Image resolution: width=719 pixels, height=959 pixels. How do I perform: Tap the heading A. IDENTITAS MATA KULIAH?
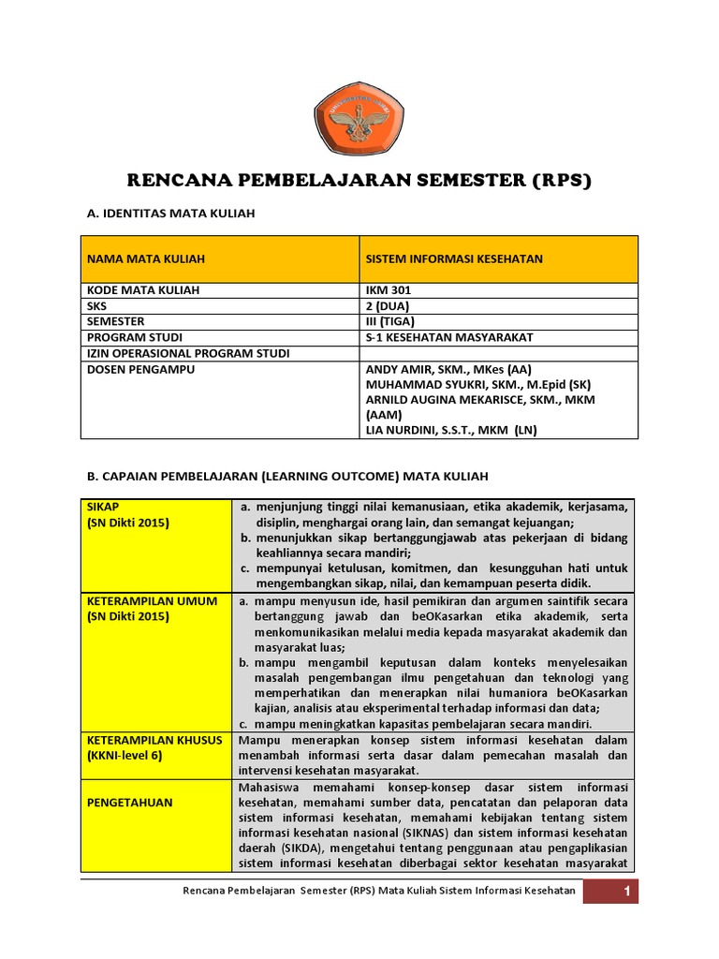click(170, 214)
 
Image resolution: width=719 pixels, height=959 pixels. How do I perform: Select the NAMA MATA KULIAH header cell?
click(145, 258)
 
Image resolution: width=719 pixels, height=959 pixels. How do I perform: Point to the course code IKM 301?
click(389, 290)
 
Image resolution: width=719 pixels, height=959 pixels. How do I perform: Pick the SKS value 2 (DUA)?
click(388, 306)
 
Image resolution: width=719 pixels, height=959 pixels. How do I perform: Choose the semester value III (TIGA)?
click(390, 321)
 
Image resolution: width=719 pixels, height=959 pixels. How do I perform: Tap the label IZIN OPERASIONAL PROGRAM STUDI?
click(188, 353)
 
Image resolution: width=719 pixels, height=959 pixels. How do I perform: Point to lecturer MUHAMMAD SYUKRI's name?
click(477, 384)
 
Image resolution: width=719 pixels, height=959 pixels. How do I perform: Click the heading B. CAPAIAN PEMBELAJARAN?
click(287, 476)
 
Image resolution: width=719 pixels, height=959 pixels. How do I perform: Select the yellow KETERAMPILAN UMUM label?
click(152, 600)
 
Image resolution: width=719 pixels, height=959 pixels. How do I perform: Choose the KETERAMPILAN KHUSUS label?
click(154, 740)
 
